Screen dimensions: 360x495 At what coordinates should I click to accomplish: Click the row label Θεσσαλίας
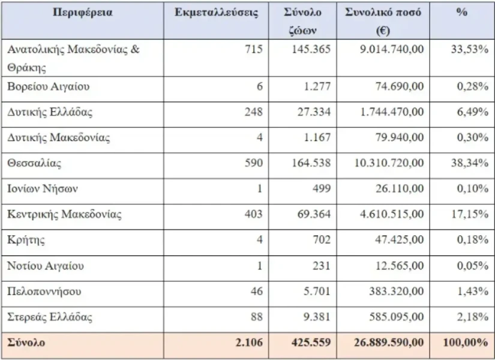[34, 163]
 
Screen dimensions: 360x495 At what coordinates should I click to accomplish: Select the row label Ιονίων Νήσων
[43, 189]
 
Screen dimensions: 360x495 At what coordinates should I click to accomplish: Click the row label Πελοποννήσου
[44, 292]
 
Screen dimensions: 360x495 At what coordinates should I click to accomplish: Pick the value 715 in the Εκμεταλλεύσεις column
[254, 49]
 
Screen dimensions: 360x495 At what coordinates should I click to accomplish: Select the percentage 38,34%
[470, 163]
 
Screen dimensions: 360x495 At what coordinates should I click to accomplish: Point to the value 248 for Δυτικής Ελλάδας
[254, 112]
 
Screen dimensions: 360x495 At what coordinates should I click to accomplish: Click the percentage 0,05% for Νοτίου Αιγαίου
[472, 266]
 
